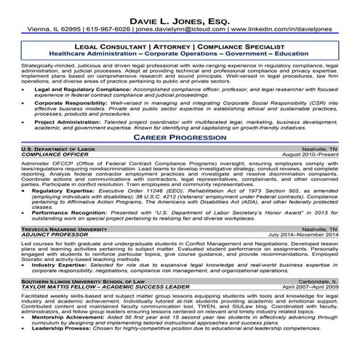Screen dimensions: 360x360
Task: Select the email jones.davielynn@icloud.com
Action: pos(178,30)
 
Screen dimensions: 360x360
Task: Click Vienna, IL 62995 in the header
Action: pos(44,30)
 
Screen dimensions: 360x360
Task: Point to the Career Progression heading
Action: pos(180,137)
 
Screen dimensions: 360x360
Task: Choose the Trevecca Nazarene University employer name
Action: pos(52,249)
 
